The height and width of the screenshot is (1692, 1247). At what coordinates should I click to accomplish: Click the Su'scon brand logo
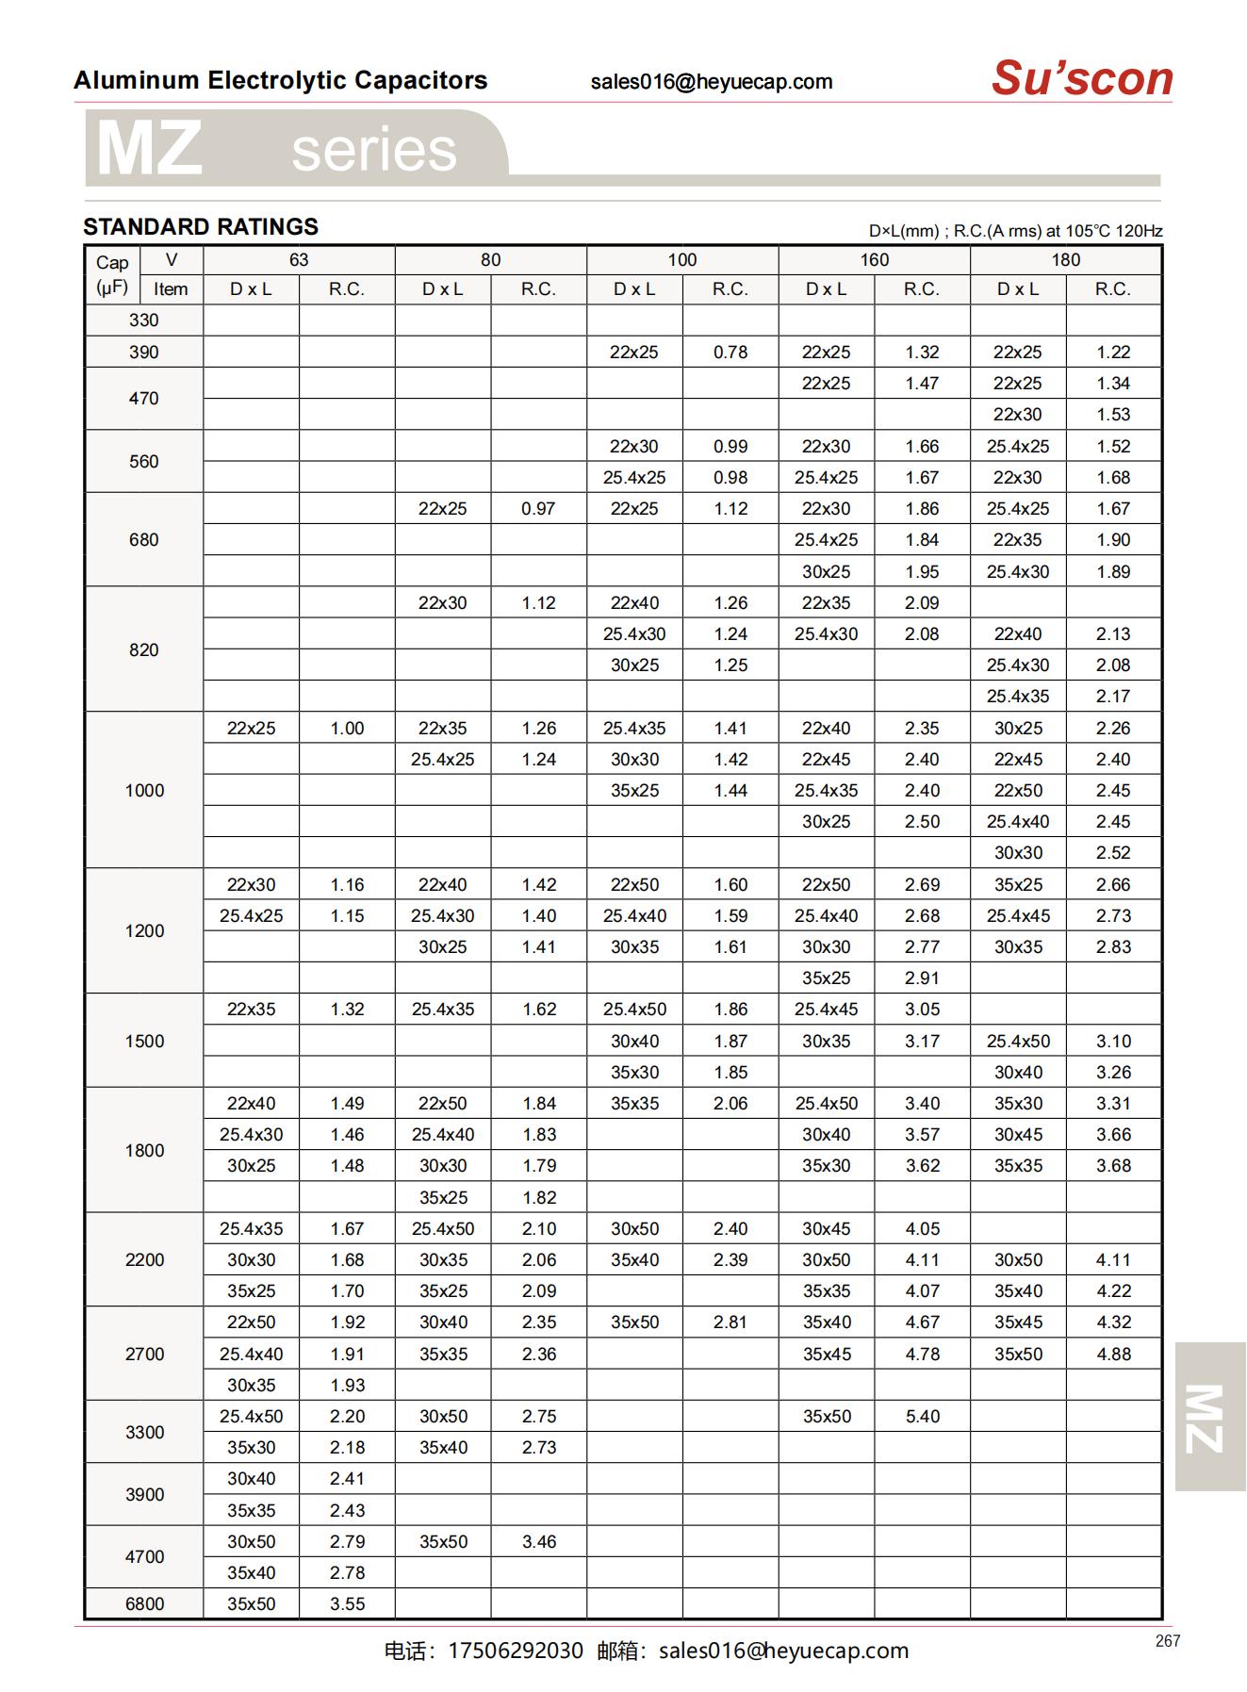(x=1081, y=78)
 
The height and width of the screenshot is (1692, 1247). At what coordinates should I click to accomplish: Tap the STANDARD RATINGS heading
(x=201, y=227)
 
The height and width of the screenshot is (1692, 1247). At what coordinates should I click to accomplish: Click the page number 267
(x=1167, y=1641)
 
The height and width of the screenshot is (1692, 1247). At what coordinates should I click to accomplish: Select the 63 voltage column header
(x=299, y=260)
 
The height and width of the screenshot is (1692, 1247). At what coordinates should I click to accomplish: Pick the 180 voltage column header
(x=1065, y=260)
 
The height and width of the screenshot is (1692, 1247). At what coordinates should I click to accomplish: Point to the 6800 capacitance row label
(x=144, y=1603)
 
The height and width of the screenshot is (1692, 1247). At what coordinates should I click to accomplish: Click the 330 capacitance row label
(x=144, y=320)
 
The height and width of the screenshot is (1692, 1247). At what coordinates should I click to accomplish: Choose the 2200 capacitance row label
(x=144, y=1259)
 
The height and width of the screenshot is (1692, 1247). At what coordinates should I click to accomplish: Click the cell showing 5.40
(x=922, y=1416)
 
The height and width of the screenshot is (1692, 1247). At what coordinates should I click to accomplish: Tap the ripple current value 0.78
(x=730, y=353)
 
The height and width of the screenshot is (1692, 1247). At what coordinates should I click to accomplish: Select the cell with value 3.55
(x=347, y=1603)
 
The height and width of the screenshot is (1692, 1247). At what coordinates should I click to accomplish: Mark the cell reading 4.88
(x=1113, y=1354)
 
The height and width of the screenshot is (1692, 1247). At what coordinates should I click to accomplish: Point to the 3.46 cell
(x=539, y=1541)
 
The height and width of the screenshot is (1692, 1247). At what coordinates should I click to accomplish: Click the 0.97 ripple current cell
(x=538, y=509)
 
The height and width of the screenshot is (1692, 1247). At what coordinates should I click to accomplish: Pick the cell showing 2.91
(x=922, y=978)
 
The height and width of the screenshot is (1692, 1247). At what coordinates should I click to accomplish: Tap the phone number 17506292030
(x=515, y=1651)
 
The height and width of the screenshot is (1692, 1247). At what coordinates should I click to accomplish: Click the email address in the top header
(x=712, y=82)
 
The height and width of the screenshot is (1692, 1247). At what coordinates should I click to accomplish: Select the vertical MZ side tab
(x=1209, y=1417)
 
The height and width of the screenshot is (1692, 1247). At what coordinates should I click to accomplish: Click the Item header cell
(x=171, y=289)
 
